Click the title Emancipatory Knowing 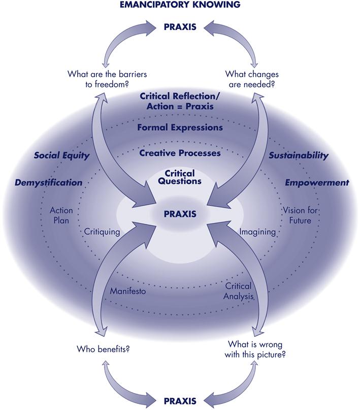tap(180, 6)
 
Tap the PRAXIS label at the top tap(180, 27)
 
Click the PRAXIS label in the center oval tap(180, 213)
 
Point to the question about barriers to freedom tap(107, 79)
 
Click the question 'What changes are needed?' tap(252, 79)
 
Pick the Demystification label tap(48, 182)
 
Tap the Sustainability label tap(298, 155)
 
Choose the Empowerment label tap(316, 182)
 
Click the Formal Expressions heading tap(180, 127)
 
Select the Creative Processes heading tap(180, 152)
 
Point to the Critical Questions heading tap(180, 177)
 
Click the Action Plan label tap(61, 215)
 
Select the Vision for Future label tap(297, 215)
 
